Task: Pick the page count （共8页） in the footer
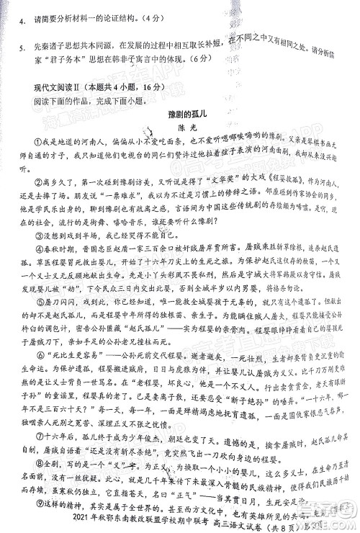pos(307,520)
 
